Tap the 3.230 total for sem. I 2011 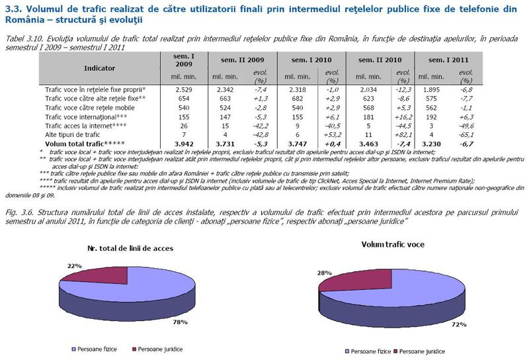pos(431,142)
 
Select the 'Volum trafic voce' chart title pos(392,244)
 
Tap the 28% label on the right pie pos(325,273)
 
